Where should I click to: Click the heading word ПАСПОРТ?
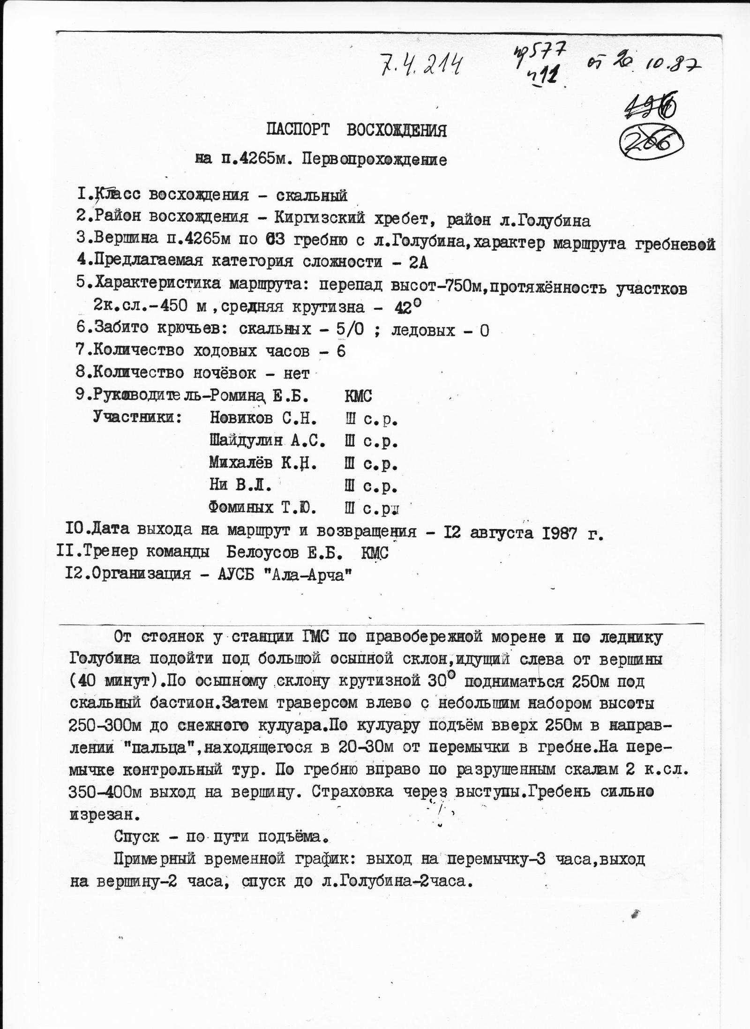point(298,130)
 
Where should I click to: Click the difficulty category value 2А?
point(418,262)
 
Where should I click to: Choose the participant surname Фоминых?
point(241,508)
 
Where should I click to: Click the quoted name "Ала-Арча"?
point(310,574)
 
